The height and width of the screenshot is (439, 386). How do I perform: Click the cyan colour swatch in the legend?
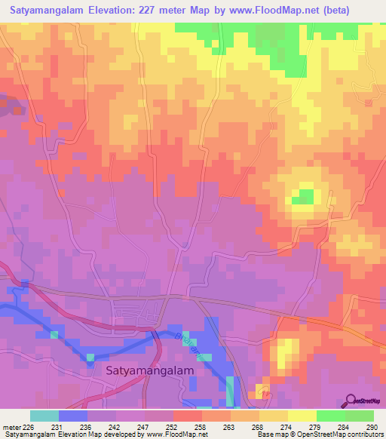click(44, 416)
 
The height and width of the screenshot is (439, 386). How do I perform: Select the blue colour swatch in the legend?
click(73, 416)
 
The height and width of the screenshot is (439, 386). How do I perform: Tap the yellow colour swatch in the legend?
click(302, 416)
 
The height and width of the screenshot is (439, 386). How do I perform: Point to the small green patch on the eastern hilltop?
click(303, 196)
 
